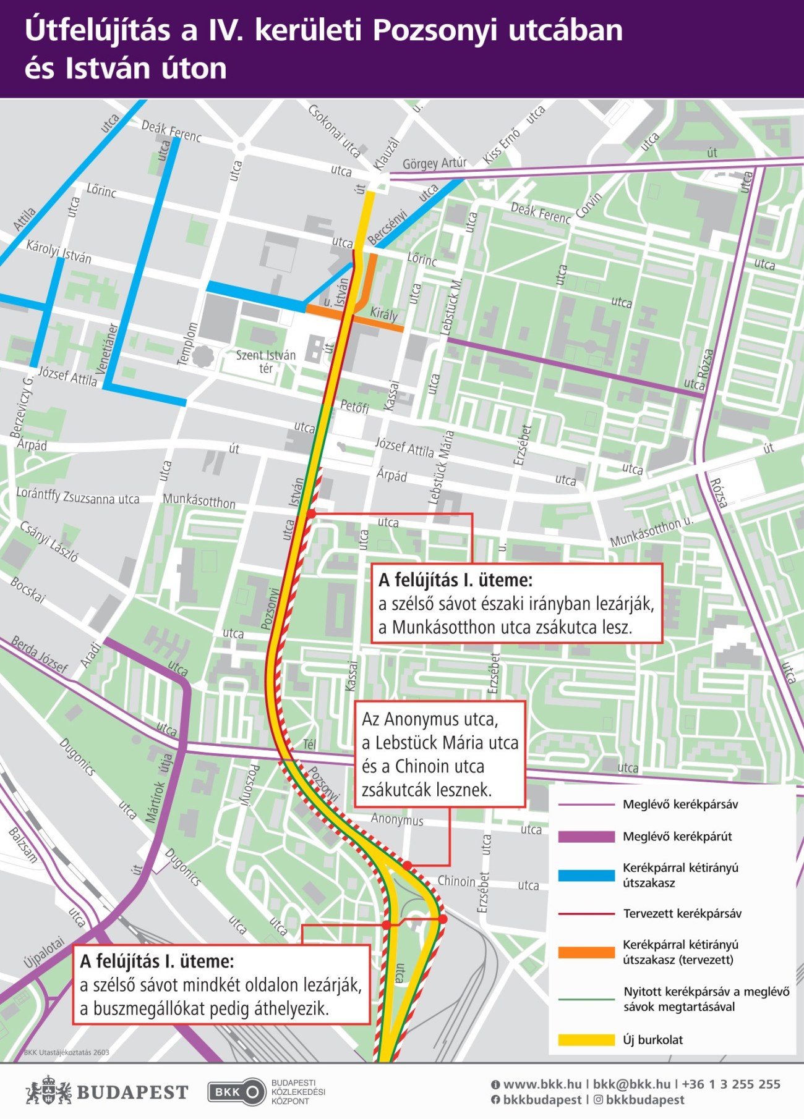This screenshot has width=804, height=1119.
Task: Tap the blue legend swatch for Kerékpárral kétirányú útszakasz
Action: (586, 875)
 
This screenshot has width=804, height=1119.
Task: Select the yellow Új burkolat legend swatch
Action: (586, 1040)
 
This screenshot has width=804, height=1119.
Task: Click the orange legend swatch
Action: (586, 952)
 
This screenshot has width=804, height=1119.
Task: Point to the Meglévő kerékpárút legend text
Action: (677, 837)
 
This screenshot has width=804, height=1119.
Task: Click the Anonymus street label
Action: (397, 819)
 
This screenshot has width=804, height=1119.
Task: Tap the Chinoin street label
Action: (456, 881)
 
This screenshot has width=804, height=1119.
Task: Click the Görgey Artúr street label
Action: (434, 163)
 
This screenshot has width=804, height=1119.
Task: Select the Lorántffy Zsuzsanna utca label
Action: (78, 497)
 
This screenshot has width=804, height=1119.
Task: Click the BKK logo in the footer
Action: (236, 1092)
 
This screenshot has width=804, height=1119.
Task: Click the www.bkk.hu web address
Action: (542, 1084)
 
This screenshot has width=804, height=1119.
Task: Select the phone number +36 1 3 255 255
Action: (731, 1084)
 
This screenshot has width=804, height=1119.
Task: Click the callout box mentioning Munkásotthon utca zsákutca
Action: (516, 604)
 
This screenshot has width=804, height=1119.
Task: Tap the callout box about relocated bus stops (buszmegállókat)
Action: (221, 984)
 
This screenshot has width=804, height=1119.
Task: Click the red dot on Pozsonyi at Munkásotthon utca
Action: (311, 513)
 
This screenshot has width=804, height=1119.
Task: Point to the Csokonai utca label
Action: (334, 130)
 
